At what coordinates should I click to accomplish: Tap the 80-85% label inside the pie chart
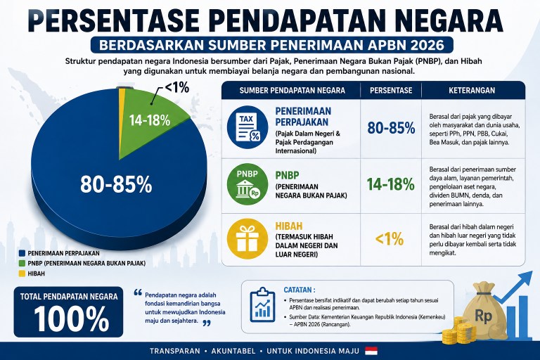(x=116, y=184)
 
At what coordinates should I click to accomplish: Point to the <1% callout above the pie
(x=177, y=88)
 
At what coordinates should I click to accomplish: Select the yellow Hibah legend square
(x=22, y=274)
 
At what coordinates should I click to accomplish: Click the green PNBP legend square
(x=22, y=263)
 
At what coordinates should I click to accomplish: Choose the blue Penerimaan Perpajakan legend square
(x=22, y=253)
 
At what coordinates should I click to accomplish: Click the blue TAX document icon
(x=247, y=126)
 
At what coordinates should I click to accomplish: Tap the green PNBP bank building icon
(x=247, y=184)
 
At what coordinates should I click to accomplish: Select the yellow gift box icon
(x=247, y=239)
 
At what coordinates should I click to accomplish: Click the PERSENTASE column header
(x=391, y=90)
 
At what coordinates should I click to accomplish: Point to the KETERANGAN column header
(x=472, y=90)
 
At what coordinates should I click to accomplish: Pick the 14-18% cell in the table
(x=390, y=184)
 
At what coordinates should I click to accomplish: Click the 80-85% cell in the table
(x=391, y=128)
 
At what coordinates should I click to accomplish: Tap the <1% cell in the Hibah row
(x=390, y=239)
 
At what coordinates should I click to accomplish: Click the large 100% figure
(x=71, y=319)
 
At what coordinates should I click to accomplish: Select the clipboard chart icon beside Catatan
(x=262, y=305)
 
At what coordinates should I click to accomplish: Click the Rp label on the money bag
(x=483, y=315)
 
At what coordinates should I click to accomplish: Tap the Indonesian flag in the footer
(x=371, y=351)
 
